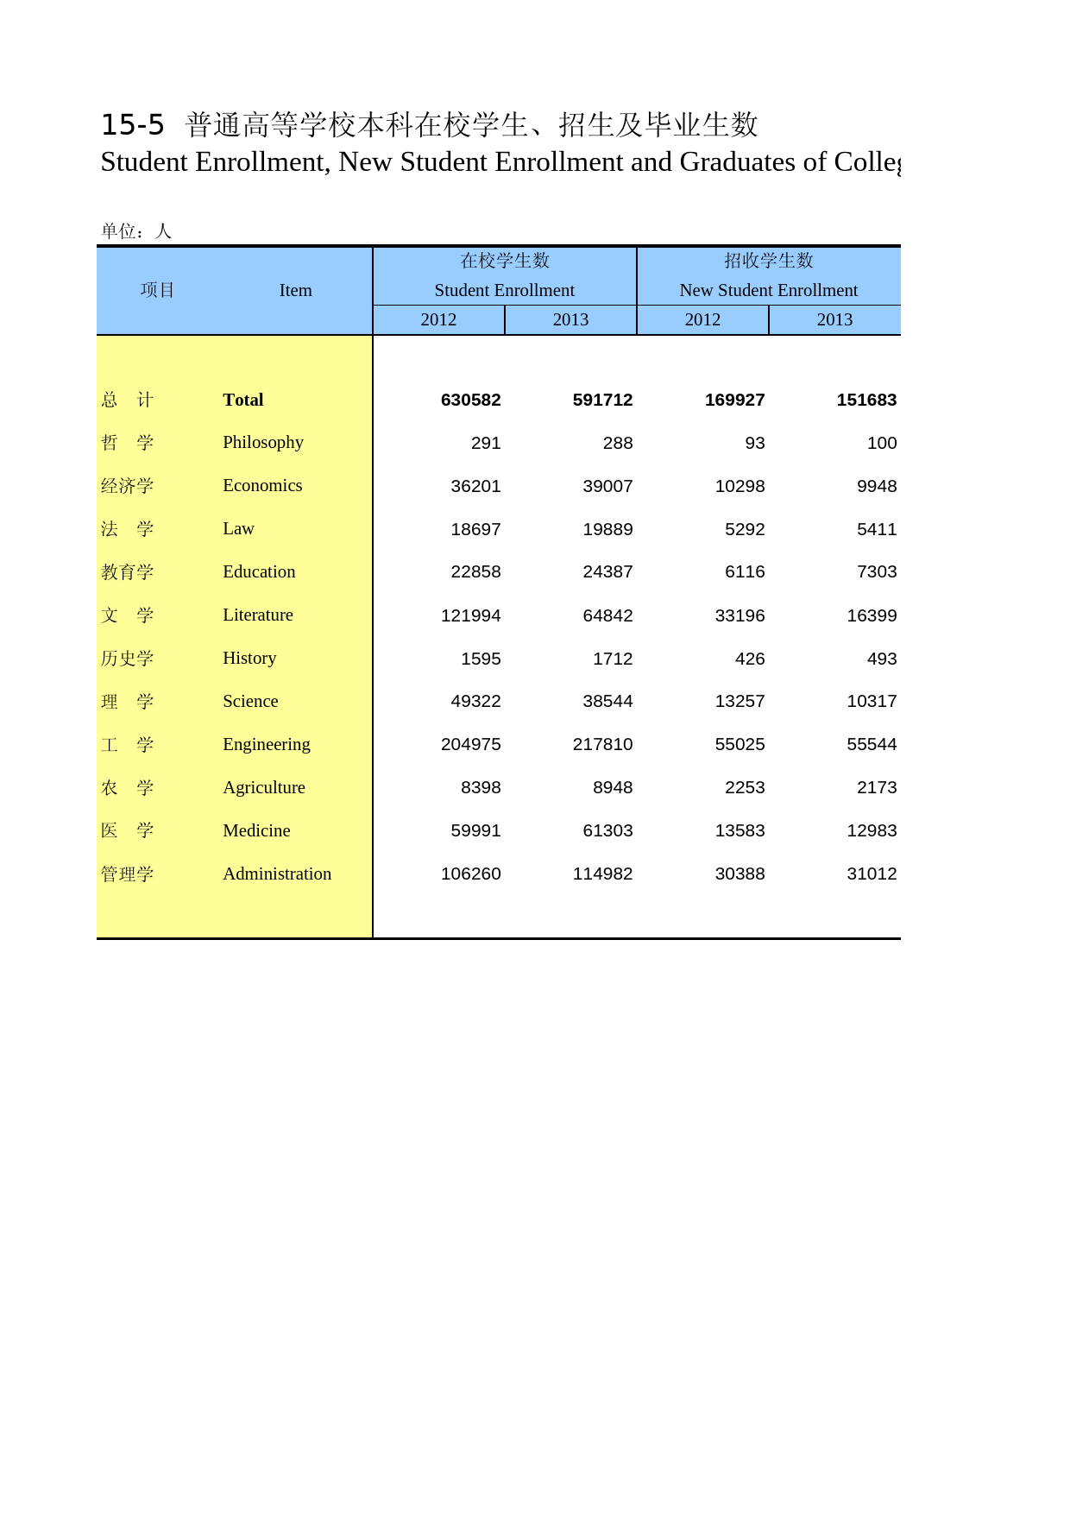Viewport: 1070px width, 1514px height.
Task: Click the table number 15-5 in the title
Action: point(132,125)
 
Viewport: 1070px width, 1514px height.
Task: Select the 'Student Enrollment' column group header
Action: point(504,290)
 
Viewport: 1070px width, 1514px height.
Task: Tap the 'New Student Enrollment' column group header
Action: point(768,290)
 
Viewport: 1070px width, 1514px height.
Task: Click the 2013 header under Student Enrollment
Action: point(570,319)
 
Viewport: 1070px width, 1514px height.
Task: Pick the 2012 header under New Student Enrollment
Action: point(702,319)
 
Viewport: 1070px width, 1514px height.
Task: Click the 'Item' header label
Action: point(295,290)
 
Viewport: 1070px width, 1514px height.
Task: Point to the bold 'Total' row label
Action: point(242,400)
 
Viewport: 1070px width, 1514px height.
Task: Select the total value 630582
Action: point(470,400)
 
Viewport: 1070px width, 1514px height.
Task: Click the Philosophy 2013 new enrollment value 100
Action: point(881,443)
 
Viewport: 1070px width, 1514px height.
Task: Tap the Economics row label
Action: point(262,485)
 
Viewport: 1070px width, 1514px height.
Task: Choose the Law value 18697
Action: point(475,529)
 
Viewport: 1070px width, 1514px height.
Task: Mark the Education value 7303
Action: point(876,571)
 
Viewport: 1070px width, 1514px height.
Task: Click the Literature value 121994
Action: point(470,615)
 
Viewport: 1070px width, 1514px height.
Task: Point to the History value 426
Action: point(749,659)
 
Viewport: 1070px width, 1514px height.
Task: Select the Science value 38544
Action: point(607,701)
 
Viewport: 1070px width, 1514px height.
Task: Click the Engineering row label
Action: point(266,744)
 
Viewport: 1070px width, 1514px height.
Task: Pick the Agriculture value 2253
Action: point(744,787)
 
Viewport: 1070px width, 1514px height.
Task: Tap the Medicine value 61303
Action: point(607,830)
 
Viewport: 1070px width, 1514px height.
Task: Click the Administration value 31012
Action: point(872,874)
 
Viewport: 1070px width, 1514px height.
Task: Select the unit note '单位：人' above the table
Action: point(136,230)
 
